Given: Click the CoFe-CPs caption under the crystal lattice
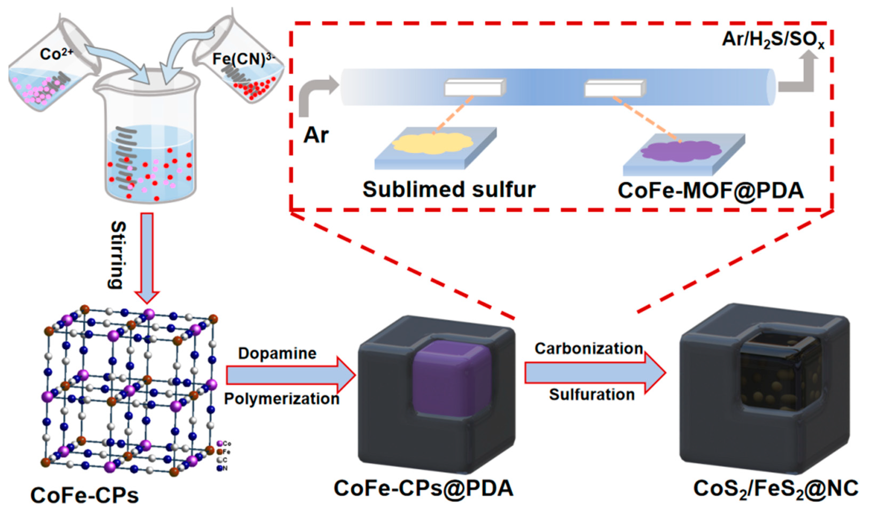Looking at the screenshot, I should [85, 495].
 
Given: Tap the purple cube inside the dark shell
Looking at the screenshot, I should [452, 378].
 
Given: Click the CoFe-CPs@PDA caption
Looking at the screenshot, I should [423, 488].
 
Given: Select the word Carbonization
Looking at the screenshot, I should [589, 348].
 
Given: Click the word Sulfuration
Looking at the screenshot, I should [592, 394].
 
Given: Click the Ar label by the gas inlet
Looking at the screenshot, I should [316, 135].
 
